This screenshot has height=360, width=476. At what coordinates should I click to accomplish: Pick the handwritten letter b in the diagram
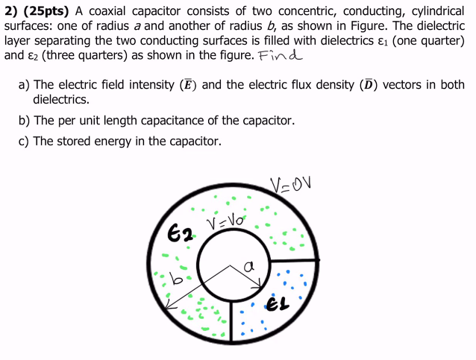tap(177, 280)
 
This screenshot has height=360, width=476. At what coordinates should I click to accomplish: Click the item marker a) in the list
tap(25, 85)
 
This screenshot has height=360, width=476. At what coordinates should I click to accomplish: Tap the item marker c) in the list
tap(25, 141)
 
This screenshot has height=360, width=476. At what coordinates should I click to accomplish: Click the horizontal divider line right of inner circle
tap(295, 260)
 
